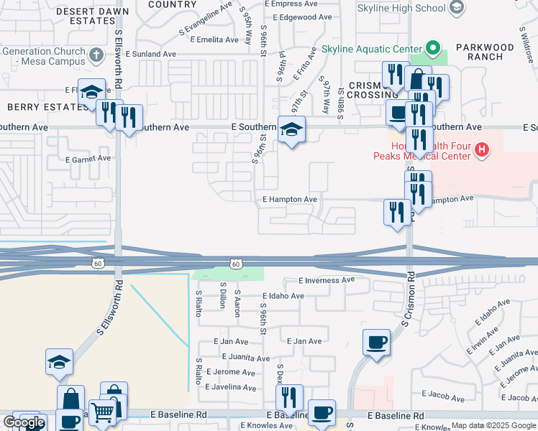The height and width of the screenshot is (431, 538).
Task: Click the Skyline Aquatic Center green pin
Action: point(432,50)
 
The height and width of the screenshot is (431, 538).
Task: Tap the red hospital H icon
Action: point(483,149)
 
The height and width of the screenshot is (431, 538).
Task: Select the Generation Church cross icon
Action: point(96,54)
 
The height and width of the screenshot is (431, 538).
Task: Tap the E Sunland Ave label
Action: point(150,54)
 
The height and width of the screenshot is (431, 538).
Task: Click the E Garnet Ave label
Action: point(88,159)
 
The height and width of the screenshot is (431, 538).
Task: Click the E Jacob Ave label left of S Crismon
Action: point(446,394)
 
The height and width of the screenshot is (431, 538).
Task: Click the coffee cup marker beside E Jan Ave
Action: point(376,341)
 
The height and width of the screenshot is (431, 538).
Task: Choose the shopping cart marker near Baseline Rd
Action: point(103,413)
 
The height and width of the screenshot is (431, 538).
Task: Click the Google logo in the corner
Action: point(23,422)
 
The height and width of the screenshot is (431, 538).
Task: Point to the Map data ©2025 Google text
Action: point(494,426)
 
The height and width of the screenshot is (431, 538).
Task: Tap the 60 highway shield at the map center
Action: point(235,264)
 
